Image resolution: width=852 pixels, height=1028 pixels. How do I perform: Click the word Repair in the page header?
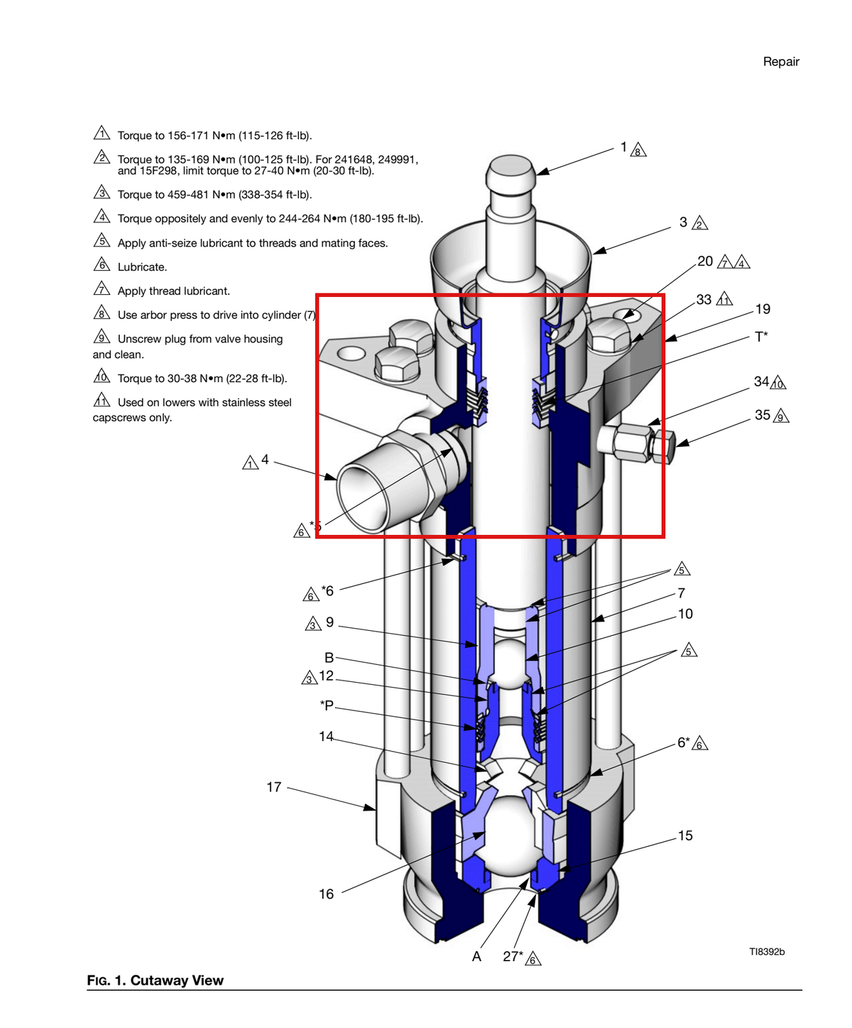pos(780,62)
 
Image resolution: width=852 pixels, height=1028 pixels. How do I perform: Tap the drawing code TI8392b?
pos(766,952)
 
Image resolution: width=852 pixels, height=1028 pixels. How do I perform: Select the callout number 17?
pos(273,787)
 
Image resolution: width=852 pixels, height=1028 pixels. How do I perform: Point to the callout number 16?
pos(326,894)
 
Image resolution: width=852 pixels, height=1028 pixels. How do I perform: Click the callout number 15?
pos(685,835)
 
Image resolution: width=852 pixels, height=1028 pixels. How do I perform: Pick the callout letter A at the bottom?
pos(476,957)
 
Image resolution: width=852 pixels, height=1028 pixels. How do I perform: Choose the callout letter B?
pos(329,658)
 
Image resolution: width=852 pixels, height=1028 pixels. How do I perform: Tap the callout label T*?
pos(761,337)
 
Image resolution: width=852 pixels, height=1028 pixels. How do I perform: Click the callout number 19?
pos(763,309)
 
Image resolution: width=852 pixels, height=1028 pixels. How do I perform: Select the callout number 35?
pos(763,415)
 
